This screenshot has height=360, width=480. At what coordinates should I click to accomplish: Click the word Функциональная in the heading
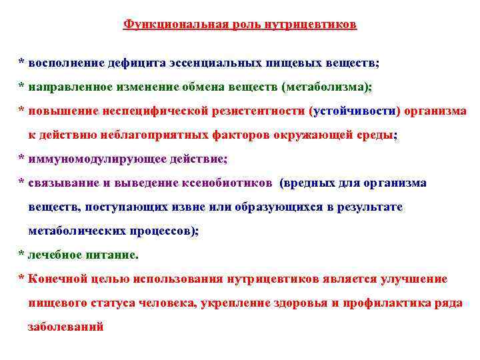coord(165,25)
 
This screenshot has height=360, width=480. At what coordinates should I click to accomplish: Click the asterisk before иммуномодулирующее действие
coord(21,159)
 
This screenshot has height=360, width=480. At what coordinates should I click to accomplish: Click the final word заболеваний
coord(65,327)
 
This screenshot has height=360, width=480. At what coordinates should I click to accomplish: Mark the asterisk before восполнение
coord(21,63)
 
